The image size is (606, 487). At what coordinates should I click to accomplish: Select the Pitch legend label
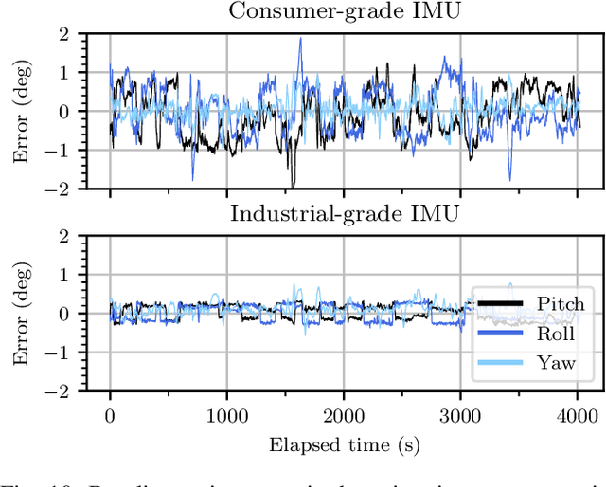click(x=561, y=304)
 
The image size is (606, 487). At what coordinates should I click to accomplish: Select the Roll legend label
click(x=555, y=334)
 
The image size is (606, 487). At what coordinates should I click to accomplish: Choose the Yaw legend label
click(x=555, y=363)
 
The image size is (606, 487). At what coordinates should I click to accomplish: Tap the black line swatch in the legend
click(x=501, y=304)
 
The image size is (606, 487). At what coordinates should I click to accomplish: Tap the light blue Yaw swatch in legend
click(x=501, y=363)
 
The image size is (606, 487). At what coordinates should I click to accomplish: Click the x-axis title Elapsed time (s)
click(x=344, y=442)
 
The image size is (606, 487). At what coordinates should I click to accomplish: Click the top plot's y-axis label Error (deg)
click(x=21, y=111)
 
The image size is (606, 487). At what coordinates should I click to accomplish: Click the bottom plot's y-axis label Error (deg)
click(x=21, y=313)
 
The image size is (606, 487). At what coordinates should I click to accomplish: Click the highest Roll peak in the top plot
click(x=300, y=39)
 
